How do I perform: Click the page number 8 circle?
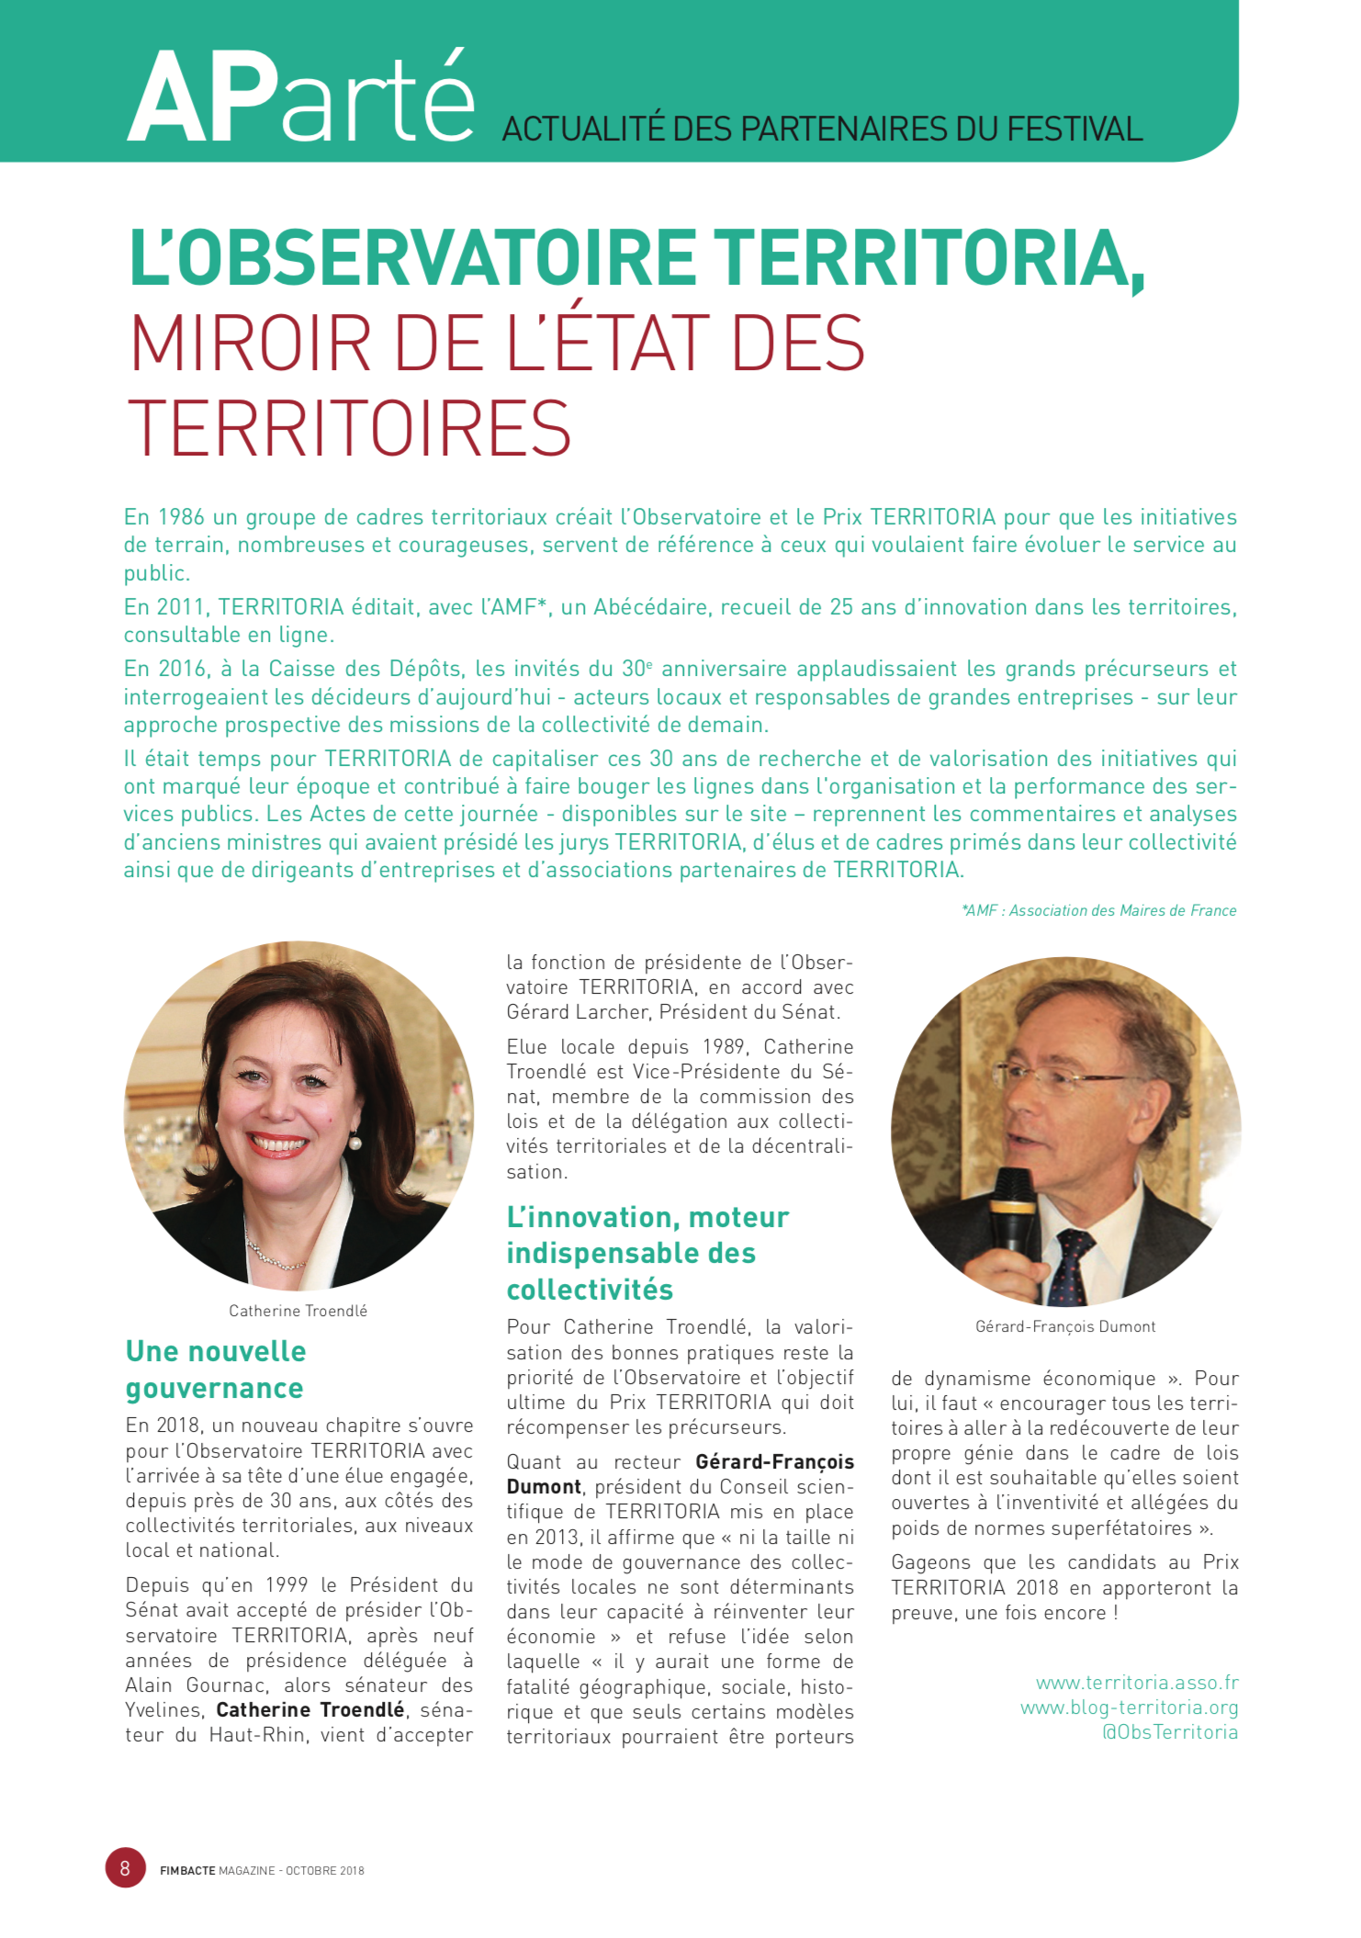[126, 1867]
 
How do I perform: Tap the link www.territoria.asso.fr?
[1137, 1683]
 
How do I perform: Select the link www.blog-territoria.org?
[1129, 1707]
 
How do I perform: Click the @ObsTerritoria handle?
[1169, 1732]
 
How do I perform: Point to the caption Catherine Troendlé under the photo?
[298, 1311]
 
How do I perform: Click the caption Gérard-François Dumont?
[1065, 1326]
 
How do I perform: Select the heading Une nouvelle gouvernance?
[216, 1369]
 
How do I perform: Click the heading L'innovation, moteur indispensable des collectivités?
[647, 1253]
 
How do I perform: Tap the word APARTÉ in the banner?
[301, 99]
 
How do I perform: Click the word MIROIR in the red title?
[251, 344]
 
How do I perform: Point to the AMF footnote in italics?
[1098, 910]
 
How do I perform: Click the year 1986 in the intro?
[181, 517]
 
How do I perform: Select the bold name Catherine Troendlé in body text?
[310, 1710]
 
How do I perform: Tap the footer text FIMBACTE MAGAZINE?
[217, 1870]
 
